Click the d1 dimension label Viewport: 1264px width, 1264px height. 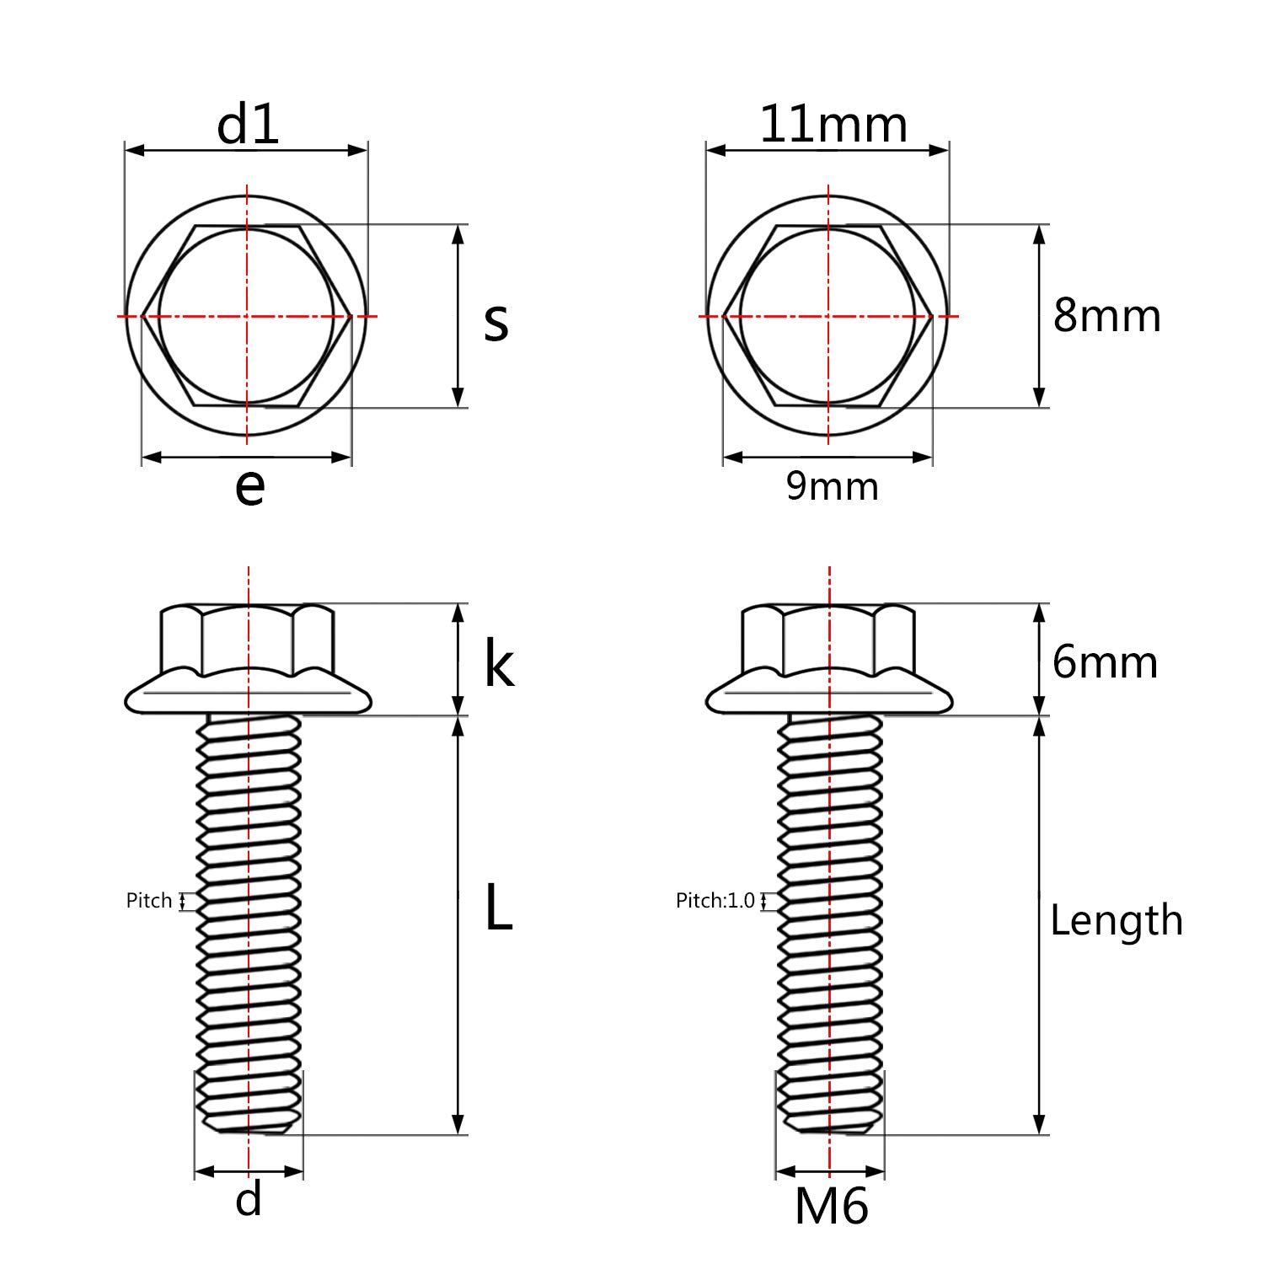coord(247,125)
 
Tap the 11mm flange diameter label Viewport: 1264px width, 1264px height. coord(833,125)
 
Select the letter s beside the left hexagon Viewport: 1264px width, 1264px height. coord(496,321)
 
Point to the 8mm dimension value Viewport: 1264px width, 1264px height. coord(1106,316)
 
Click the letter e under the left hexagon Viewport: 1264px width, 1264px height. coord(249,486)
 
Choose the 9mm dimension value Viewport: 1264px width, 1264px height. coord(832,486)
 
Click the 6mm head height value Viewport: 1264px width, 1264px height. coord(1105,662)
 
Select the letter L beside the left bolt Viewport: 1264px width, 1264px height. coord(498,908)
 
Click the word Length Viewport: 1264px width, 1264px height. coord(1116,920)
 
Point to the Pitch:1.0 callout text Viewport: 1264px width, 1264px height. coord(715,901)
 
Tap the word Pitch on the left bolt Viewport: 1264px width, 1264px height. coord(149,901)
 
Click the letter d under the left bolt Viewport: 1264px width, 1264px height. coord(249,1198)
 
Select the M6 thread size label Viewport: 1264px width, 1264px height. coord(831,1207)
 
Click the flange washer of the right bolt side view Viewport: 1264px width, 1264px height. coord(828,697)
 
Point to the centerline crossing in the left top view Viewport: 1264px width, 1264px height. coord(247,317)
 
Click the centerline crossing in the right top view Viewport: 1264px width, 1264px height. coord(828,317)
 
